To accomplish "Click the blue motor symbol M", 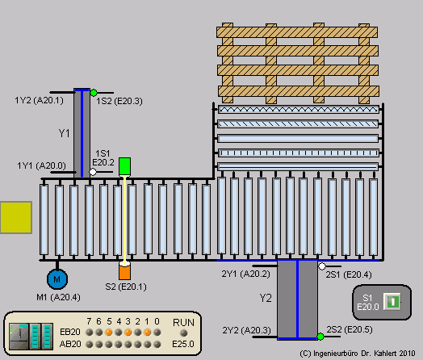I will click(x=57, y=279).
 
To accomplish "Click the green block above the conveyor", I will click(x=125, y=166).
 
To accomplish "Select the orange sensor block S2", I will click(x=124, y=271).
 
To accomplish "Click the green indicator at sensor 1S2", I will click(x=94, y=93).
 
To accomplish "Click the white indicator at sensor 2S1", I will click(x=322, y=266).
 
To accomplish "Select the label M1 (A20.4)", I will click(x=57, y=297).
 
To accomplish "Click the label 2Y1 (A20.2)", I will click(x=245, y=274).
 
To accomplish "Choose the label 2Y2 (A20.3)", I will click(x=245, y=330).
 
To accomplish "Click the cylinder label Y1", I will click(x=64, y=132).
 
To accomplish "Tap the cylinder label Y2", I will click(x=266, y=299).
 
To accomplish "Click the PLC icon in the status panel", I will click(x=29, y=334).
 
